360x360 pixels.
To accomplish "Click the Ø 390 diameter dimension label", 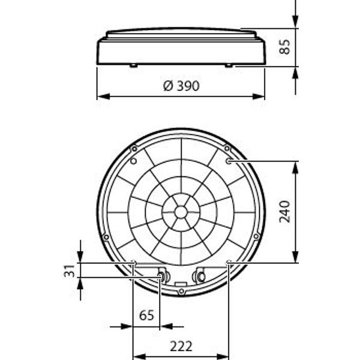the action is coord(181,86).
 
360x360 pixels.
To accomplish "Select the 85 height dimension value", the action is coord(284,47).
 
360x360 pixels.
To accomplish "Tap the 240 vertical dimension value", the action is coord(284,211).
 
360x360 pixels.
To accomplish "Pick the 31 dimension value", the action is coord(69,271).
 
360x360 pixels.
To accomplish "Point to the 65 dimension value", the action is coord(146,315).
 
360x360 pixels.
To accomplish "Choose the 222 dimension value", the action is coord(181,346).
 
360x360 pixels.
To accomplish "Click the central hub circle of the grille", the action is coord(181,212).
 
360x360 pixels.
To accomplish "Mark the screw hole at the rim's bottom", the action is coord(181,292).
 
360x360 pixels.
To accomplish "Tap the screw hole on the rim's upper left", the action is coord(134,149).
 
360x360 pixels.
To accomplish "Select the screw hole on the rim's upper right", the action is coord(227,148).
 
